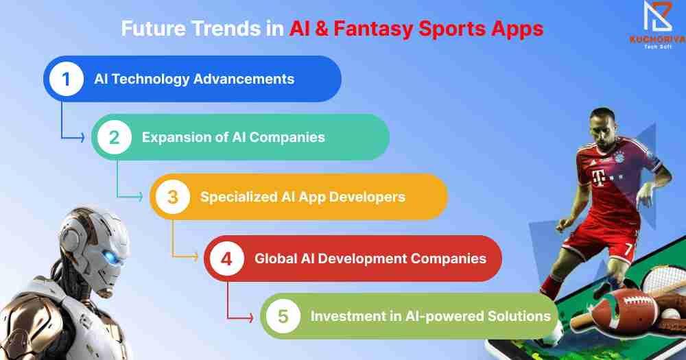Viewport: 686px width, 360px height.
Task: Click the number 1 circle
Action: pos(66,79)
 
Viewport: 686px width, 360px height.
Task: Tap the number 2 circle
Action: pos(114,137)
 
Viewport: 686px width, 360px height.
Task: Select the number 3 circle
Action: pos(173,197)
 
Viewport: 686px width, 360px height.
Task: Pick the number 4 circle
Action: pos(226,259)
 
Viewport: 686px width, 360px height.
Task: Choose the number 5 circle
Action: pos(283,316)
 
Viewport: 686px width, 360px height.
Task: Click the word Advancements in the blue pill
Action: pos(244,79)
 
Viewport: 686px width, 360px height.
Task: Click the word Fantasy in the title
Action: pos(374,29)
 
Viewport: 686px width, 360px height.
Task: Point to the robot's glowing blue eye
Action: pos(113,256)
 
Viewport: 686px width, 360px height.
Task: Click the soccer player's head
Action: pos(604,127)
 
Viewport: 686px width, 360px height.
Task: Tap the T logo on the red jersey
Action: pos(598,178)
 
